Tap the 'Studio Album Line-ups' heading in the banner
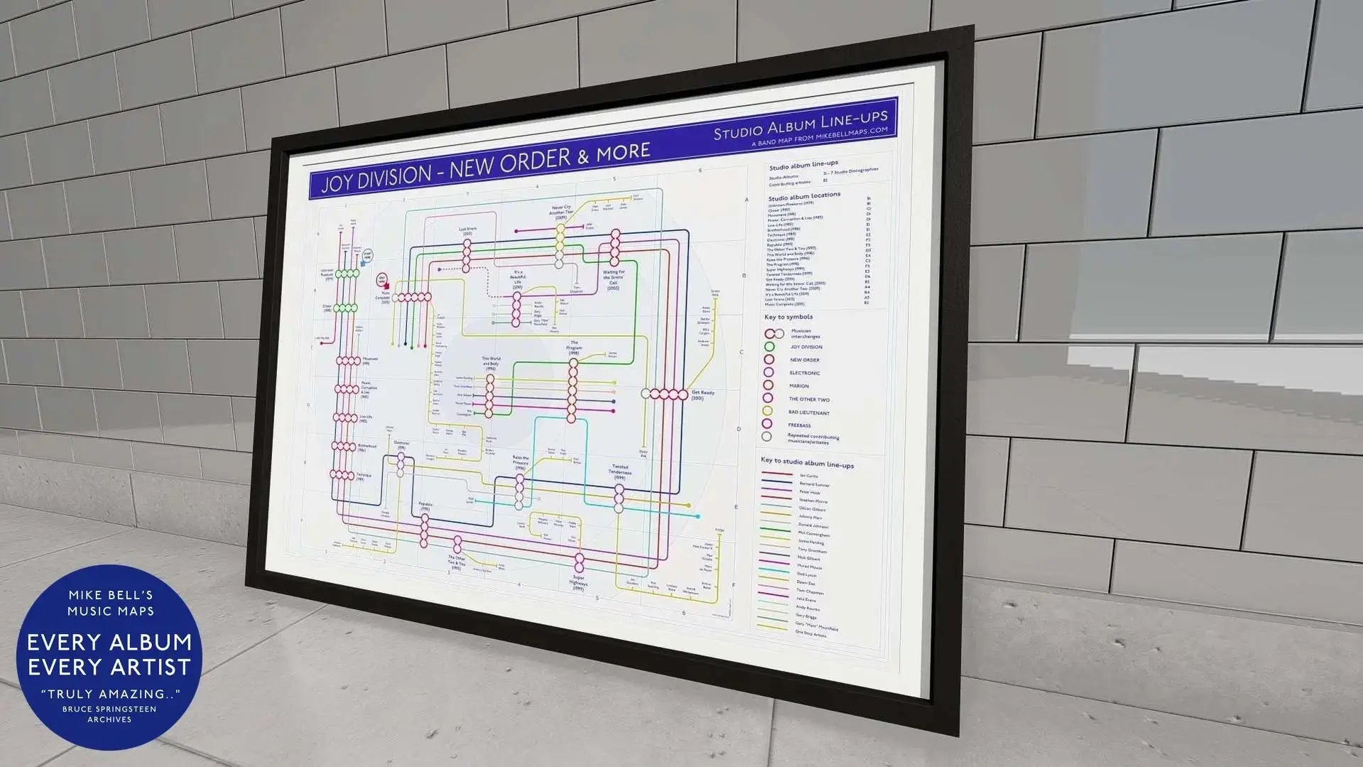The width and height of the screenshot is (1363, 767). (800, 124)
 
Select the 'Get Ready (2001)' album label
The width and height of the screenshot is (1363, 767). (702, 395)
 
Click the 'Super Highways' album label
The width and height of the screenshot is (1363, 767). (578, 584)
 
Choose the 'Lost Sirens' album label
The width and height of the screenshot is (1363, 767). (467, 231)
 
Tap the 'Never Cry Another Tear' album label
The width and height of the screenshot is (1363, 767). (560, 212)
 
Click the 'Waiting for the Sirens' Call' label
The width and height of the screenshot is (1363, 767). (613, 279)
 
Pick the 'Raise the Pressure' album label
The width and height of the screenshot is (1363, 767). (520, 462)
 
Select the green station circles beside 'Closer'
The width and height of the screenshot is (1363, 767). (347, 308)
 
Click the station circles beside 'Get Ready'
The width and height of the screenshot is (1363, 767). (665, 394)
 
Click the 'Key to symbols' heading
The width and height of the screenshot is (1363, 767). (788, 317)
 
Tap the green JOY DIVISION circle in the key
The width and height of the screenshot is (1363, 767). (769, 347)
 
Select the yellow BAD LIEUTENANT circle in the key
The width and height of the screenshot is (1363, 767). (767, 411)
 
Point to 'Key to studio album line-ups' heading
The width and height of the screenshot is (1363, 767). (807, 463)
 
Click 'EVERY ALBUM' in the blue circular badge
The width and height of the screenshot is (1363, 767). (109, 642)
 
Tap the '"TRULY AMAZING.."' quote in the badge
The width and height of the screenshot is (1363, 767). (109, 694)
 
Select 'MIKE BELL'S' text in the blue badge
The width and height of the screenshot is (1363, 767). (110, 595)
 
